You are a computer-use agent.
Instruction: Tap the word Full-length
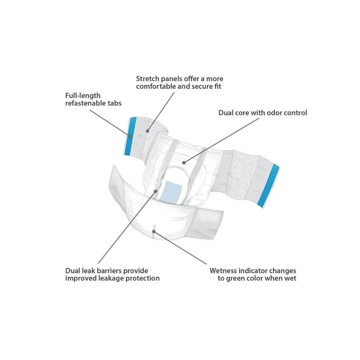click(x=83, y=96)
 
